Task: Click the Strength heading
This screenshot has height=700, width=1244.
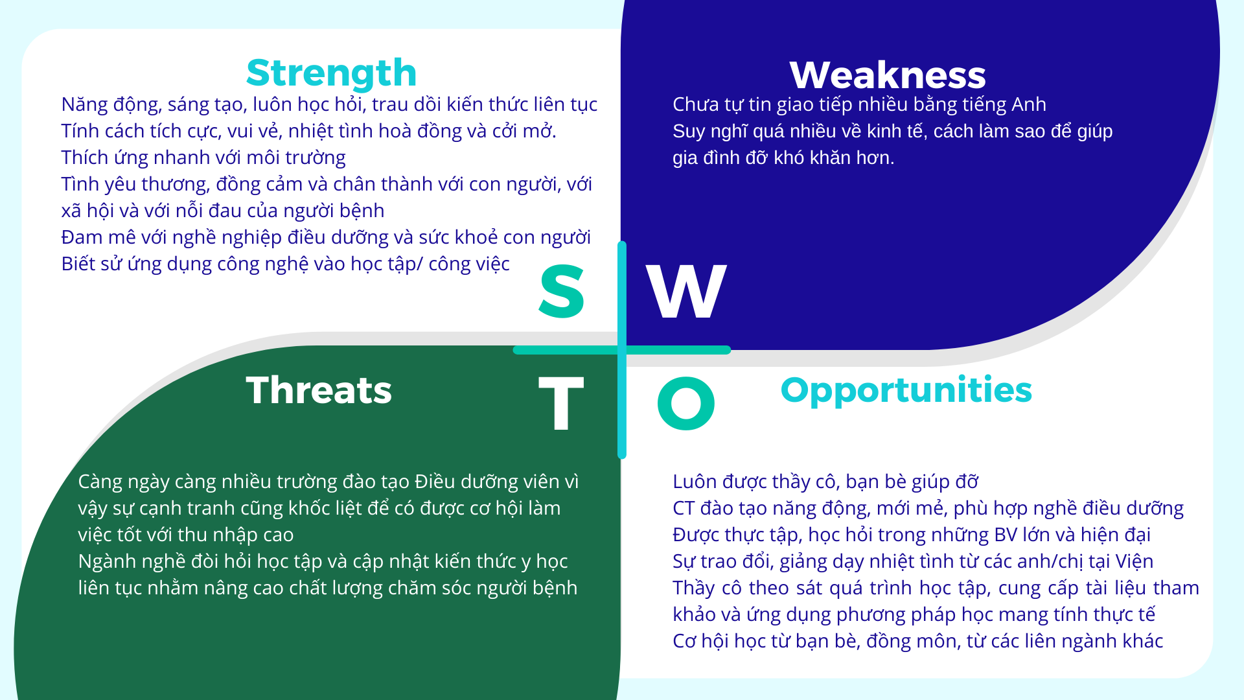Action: (x=331, y=73)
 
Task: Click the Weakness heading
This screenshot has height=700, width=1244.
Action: (x=888, y=75)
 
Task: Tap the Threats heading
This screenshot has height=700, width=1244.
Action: (x=319, y=390)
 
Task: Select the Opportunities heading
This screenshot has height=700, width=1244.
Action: (x=906, y=390)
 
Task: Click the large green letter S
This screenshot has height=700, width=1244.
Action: (x=562, y=291)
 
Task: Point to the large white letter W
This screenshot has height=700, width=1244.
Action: (x=687, y=292)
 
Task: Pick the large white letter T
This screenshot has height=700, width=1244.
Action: (x=561, y=403)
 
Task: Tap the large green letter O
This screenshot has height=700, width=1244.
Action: (x=686, y=403)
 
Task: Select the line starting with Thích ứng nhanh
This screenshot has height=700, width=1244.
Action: (x=203, y=157)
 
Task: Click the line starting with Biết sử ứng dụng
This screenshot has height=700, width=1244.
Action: (x=286, y=264)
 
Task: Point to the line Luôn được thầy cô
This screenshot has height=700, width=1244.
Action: (x=825, y=482)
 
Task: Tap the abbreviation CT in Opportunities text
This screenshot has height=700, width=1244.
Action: (x=684, y=508)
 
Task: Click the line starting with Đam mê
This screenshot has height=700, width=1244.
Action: (x=326, y=237)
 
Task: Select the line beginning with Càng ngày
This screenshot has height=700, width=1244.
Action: (x=328, y=482)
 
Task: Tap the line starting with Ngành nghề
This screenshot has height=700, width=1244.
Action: (x=323, y=561)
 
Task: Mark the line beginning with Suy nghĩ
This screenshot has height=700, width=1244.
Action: (x=893, y=131)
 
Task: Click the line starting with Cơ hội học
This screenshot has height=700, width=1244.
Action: (x=918, y=641)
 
